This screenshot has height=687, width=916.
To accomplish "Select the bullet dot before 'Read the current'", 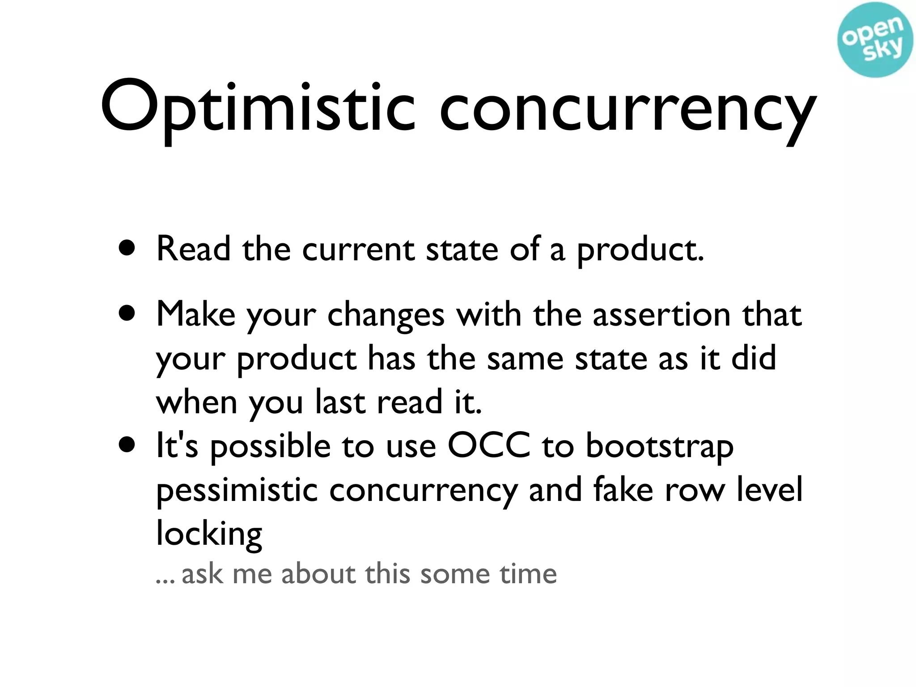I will coord(127,249).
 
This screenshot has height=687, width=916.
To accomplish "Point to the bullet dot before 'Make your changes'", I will coord(127,314).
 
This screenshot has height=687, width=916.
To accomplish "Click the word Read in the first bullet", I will coord(193,249).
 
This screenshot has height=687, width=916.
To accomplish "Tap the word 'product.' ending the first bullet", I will coord(640,250).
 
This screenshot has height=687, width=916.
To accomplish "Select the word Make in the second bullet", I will coord(195,314).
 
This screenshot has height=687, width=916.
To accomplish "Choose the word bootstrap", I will coord(660,447).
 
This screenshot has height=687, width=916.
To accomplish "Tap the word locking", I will coord(209,534).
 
